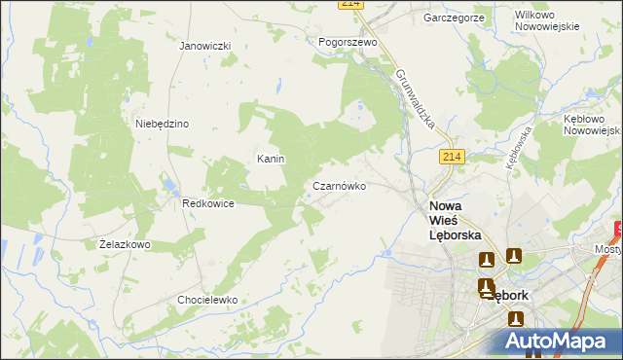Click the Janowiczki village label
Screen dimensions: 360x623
(204, 46)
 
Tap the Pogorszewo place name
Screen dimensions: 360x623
(348, 43)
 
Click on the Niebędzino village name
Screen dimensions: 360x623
(162, 124)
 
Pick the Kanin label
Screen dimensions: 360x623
(270, 159)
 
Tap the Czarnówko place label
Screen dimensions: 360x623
(339, 185)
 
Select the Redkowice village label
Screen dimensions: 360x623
(207, 203)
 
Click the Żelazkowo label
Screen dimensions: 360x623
(125, 244)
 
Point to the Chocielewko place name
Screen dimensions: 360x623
(207, 300)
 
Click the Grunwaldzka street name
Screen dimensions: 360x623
(421, 101)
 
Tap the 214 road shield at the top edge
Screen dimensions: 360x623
(351, 5)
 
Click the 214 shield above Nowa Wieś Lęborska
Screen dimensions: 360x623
(450, 158)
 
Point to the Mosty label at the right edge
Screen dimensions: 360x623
(608, 249)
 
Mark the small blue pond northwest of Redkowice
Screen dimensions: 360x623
(167, 183)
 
